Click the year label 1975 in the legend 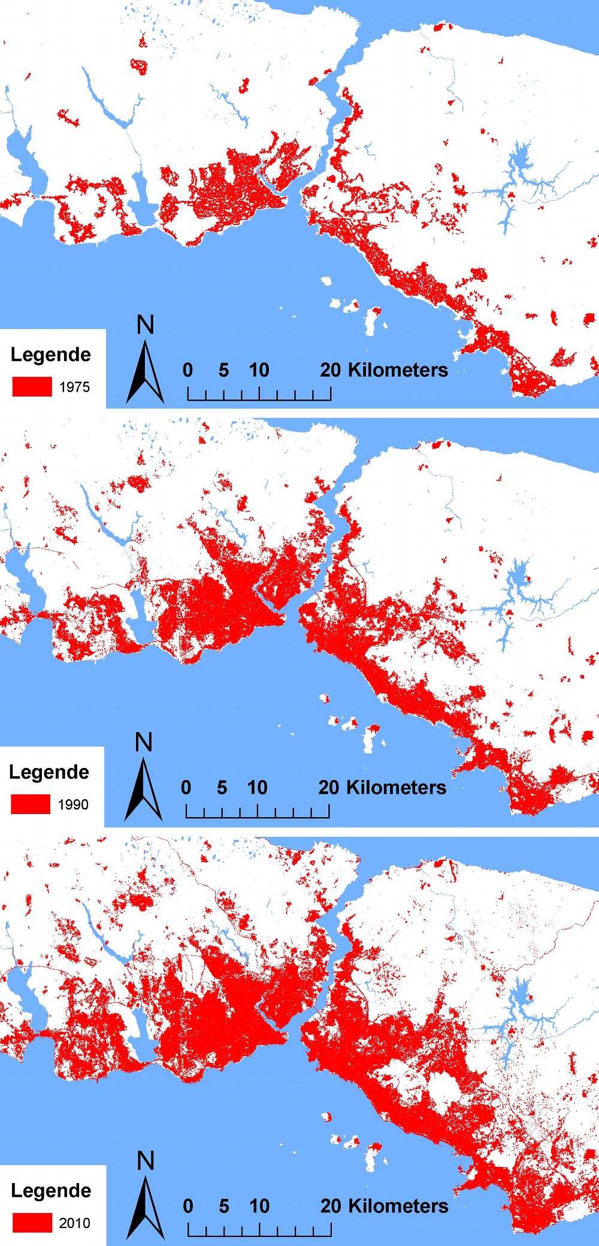point(74,387)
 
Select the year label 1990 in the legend point(73,805)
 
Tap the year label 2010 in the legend point(74,1223)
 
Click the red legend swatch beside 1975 point(32,386)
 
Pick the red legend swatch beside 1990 point(31,804)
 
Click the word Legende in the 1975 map point(51,355)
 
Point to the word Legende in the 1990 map point(49,772)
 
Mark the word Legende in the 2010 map point(51,1190)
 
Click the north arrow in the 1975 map point(145,371)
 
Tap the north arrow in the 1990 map point(144,790)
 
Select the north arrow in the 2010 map point(145,1208)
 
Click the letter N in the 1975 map point(146,325)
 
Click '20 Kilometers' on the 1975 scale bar point(384,370)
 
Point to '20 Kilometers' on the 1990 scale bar point(382,788)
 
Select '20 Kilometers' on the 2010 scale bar point(384,1206)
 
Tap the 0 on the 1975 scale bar point(187,370)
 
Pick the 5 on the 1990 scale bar point(222,788)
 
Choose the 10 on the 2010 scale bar point(259,1206)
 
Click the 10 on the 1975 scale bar point(259,370)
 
